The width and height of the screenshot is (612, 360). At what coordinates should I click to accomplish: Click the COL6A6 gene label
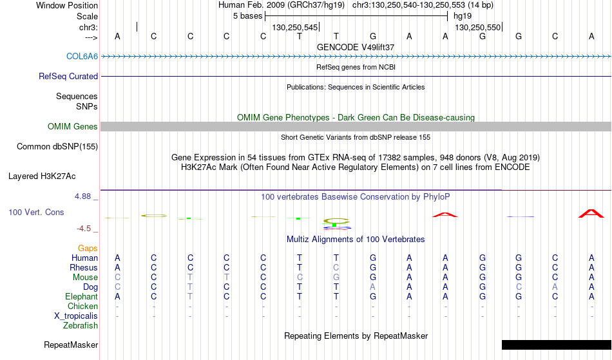[82, 56]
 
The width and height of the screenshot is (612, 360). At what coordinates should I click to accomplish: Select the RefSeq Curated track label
[68, 76]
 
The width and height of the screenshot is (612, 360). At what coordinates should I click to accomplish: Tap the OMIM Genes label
[73, 126]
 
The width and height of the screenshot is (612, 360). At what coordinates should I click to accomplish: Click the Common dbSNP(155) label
[57, 147]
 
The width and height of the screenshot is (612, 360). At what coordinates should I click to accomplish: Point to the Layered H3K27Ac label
[42, 176]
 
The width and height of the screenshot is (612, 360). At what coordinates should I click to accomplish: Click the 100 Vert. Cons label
[36, 212]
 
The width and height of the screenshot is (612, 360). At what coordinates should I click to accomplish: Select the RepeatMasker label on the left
[71, 345]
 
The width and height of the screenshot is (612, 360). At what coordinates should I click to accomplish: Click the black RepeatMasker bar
[557, 345]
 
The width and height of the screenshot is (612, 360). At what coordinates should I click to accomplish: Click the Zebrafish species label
[81, 325]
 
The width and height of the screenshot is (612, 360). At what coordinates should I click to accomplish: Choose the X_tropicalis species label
[76, 316]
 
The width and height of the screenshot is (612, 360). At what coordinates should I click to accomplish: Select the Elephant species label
[81, 296]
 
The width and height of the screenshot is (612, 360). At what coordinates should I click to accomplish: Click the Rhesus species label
[84, 267]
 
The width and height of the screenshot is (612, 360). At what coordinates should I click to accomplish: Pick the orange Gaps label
[88, 249]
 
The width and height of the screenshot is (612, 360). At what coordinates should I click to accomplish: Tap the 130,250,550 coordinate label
[478, 27]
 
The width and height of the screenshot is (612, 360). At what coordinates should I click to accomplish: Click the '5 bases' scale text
[247, 16]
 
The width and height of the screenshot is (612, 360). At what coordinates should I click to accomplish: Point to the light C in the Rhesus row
[336, 267]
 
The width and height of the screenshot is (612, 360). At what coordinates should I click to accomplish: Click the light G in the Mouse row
[336, 278]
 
